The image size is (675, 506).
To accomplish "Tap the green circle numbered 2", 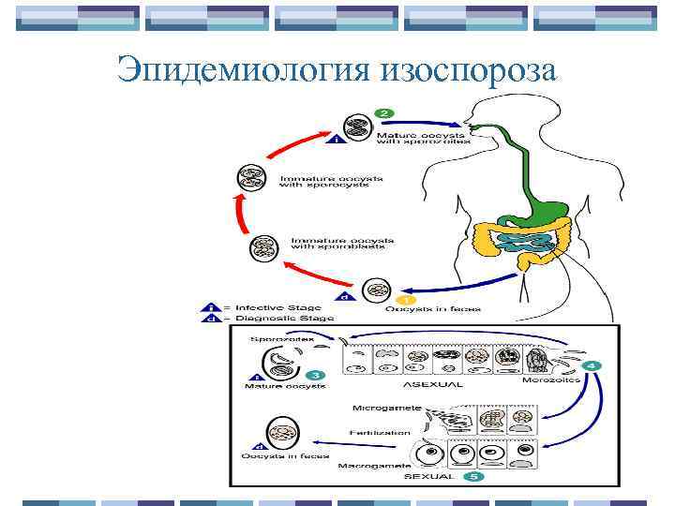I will [x=383, y=112].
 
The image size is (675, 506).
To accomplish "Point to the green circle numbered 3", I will [x=318, y=375].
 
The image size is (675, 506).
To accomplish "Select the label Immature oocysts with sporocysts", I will [x=321, y=180].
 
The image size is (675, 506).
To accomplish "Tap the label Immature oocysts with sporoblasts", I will [x=341, y=244].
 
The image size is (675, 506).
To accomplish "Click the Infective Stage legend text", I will [x=277, y=307].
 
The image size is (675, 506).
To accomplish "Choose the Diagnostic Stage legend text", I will [x=280, y=319].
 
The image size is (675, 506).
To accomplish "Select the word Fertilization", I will [x=379, y=432].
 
